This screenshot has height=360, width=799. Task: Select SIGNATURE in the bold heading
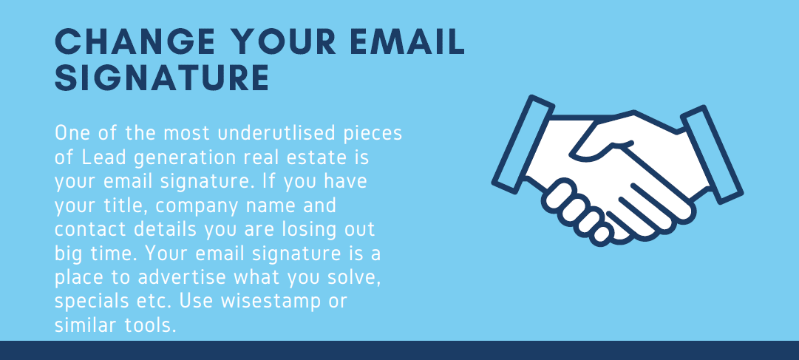coord(162,78)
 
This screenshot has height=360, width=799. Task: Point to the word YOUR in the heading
coord(280,42)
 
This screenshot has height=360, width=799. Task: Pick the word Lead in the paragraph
coord(99,157)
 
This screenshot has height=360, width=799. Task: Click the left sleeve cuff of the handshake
coord(523,144)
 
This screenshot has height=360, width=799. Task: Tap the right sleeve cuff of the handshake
coord(712,154)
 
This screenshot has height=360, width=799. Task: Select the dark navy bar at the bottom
coord(399,350)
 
